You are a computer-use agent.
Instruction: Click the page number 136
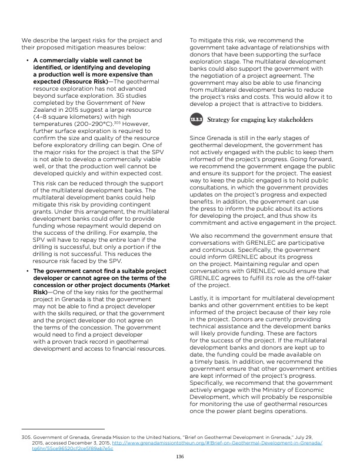[180, 455]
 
